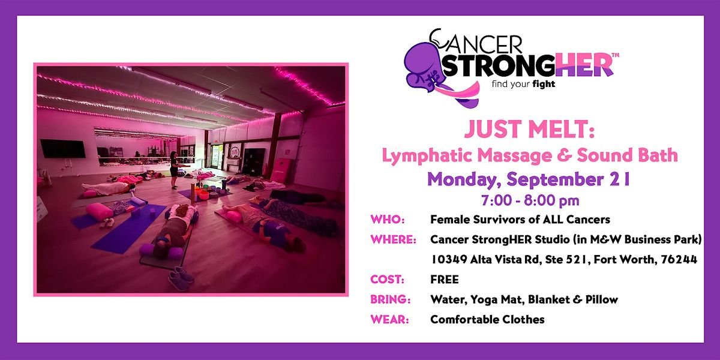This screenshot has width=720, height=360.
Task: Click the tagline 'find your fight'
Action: (x=523, y=85)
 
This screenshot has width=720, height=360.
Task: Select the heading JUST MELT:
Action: (x=529, y=129)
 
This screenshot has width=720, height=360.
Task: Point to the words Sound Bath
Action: (x=627, y=155)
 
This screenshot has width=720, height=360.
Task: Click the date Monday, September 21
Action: (x=529, y=179)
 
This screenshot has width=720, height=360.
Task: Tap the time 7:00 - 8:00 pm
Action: (x=530, y=200)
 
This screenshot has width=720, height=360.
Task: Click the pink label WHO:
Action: (x=388, y=220)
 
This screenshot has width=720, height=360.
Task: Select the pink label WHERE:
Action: (x=393, y=239)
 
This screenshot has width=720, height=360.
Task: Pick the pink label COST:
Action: (x=387, y=280)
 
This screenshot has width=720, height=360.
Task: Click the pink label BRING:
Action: (x=390, y=299)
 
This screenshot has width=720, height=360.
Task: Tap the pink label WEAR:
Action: (x=389, y=319)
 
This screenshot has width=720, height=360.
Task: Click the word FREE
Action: (x=444, y=280)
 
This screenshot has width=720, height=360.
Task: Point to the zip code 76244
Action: (x=679, y=259)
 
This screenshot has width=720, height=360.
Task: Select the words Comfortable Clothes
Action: (x=487, y=319)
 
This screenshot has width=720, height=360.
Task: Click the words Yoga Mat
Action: (x=496, y=299)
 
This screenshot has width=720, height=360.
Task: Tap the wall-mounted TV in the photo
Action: (x=62, y=149)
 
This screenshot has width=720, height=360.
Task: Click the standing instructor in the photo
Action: (x=174, y=170)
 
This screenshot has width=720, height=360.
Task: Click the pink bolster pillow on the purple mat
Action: (x=100, y=211)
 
